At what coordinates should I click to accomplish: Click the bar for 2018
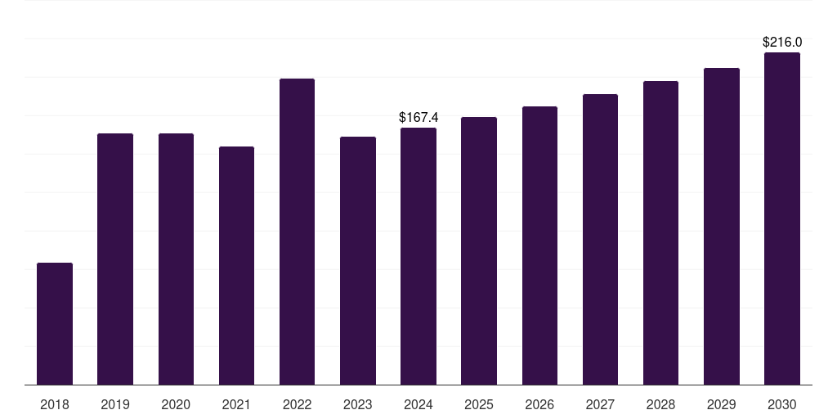55,324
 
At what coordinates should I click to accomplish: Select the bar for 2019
115,259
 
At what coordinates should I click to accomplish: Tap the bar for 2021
236,266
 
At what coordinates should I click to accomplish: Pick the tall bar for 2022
297,232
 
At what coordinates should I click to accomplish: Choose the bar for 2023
358,261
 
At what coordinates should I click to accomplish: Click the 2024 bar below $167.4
418,256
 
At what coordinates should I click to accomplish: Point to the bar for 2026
539,246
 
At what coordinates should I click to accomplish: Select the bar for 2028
660,233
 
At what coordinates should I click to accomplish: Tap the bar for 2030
781,219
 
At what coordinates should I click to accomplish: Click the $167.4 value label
418,118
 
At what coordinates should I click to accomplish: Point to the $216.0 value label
781,42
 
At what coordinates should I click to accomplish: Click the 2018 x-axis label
55,404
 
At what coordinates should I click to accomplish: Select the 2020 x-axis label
176,404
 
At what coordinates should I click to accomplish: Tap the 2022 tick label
297,404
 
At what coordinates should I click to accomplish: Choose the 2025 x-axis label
479,404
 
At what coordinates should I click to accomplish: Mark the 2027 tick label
600,404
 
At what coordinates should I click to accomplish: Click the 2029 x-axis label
721,404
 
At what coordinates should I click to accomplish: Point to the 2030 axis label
781,404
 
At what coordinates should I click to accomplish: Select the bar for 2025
479,251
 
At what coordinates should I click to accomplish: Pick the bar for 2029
721,227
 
